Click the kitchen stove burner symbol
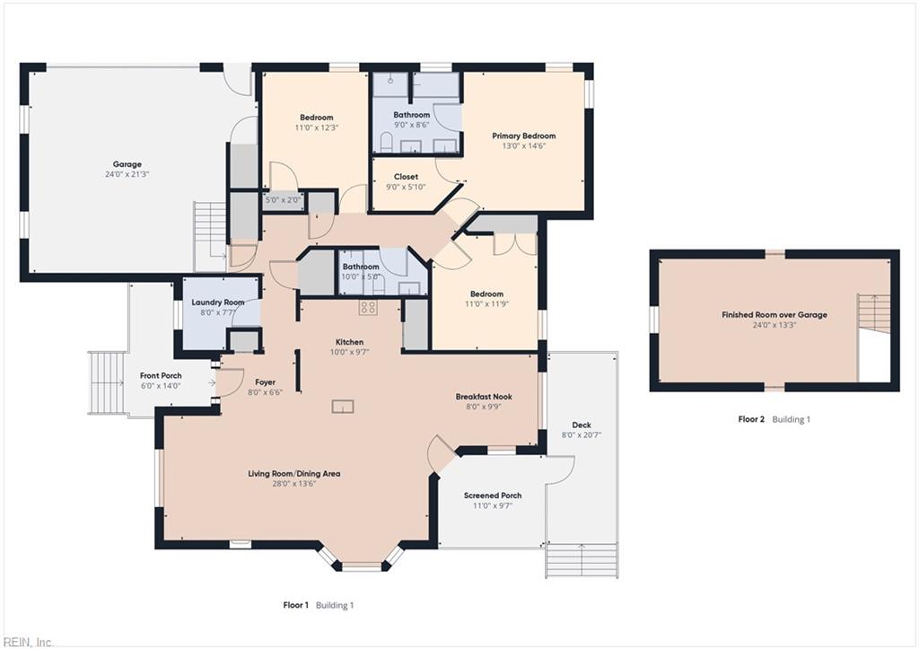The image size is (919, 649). (368, 308)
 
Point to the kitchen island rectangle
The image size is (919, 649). (343, 407)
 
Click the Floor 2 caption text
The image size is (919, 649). (751, 419)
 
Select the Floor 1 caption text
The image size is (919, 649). (296, 606)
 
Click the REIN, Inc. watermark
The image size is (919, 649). (27, 642)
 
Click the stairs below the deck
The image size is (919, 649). (582, 561)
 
